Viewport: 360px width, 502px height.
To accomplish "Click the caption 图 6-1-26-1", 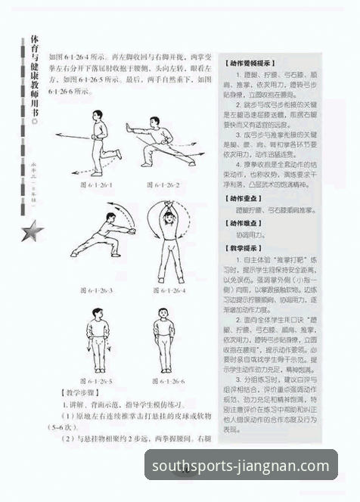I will (96, 184).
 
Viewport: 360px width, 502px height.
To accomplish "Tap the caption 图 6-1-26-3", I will (96, 290).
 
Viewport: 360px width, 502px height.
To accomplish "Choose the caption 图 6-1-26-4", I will (168, 290).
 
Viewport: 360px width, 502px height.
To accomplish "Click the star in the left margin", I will (33, 231).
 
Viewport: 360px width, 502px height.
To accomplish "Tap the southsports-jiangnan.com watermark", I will (244, 466).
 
